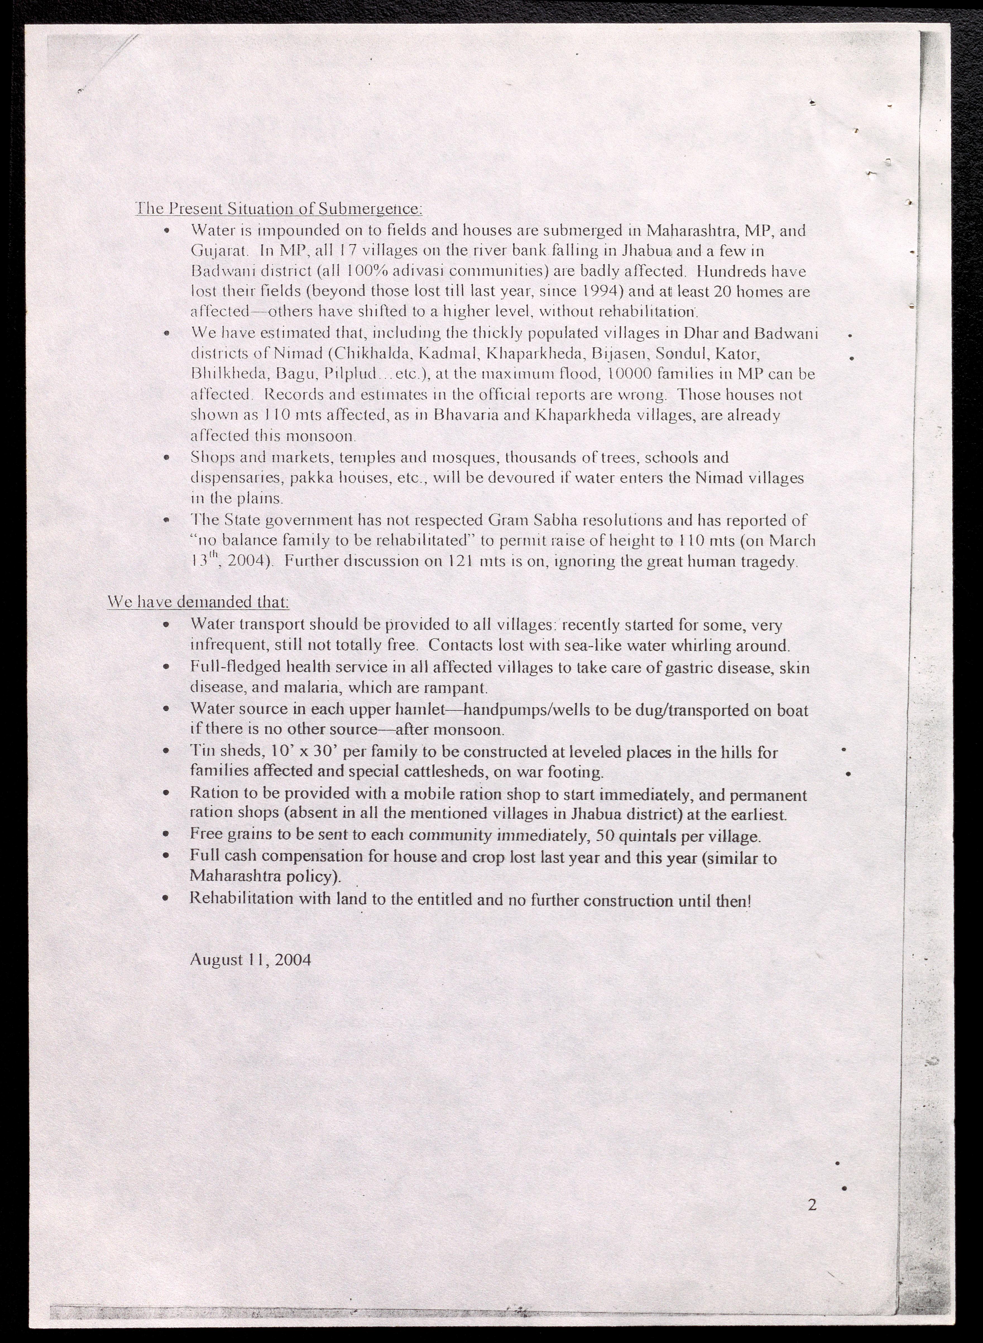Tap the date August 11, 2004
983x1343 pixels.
(250, 960)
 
